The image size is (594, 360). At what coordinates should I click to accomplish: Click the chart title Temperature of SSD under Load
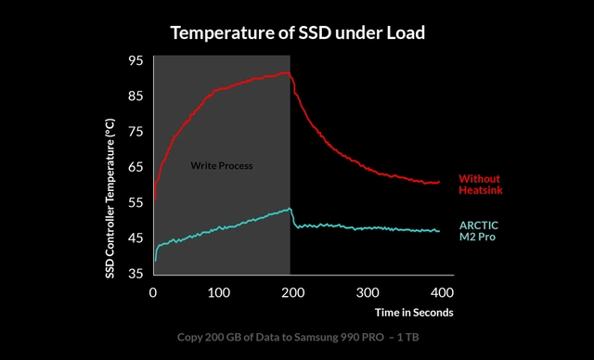coord(296,33)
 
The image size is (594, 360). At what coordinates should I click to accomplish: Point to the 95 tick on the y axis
coord(136,60)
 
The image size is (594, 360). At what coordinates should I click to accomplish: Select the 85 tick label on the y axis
coord(136,96)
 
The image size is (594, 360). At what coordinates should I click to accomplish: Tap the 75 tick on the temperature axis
coord(136,132)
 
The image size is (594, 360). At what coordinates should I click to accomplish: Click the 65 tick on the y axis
coord(136,167)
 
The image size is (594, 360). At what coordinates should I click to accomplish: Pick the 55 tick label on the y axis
coord(136,202)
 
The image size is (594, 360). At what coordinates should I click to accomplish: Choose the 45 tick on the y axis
coord(136,238)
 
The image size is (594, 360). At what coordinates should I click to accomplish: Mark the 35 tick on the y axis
coord(136,274)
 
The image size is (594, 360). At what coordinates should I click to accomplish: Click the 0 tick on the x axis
coord(153,292)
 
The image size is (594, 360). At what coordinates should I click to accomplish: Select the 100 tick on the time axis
coord(218,292)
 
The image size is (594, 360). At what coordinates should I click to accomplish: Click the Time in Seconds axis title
coord(415,312)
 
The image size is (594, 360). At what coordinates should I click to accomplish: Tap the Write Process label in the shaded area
coord(222,166)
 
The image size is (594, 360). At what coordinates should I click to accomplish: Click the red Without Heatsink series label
coord(481,184)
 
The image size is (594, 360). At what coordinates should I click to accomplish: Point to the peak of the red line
coord(286,72)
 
